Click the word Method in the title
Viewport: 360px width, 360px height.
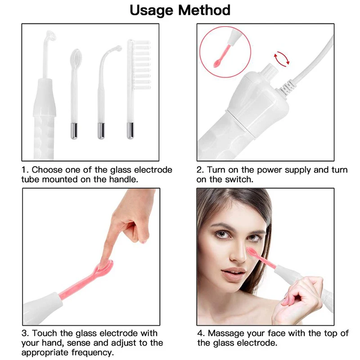pyautogui.click(x=205, y=10)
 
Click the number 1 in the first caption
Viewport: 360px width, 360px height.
pyautogui.click(x=25, y=170)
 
